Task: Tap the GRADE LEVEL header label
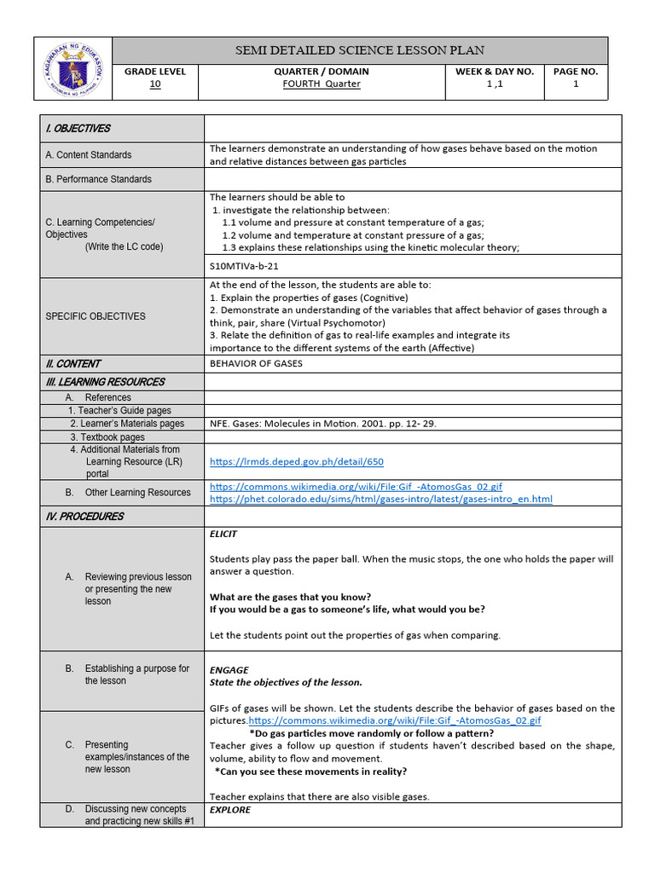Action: click(154, 72)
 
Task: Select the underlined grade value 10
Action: click(154, 84)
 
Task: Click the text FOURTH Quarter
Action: click(322, 84)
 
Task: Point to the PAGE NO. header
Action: click(575, 72)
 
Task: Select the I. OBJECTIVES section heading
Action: click(78, 129)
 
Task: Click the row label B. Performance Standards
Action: click(98, 179)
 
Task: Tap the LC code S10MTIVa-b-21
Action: click(245, 264)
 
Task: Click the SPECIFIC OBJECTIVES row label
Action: click(95, 316)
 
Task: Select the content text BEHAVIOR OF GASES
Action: click(256, 363)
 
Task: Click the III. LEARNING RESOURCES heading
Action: click(105, 382)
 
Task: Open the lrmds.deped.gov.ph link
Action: click(297, 462)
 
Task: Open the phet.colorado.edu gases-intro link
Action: click(380, 499)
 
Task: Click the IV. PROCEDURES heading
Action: click(84, 517)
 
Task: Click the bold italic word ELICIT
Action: click(223, 535)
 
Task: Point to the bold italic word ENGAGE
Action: click(229, 670)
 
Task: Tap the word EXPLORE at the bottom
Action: click(230, 810)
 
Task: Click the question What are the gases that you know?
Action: click(290, 597)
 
